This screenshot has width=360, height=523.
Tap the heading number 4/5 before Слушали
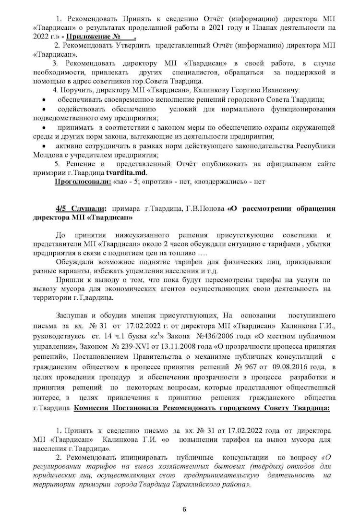pos(62,209)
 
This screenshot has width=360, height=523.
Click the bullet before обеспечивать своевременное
pos(44,100)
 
